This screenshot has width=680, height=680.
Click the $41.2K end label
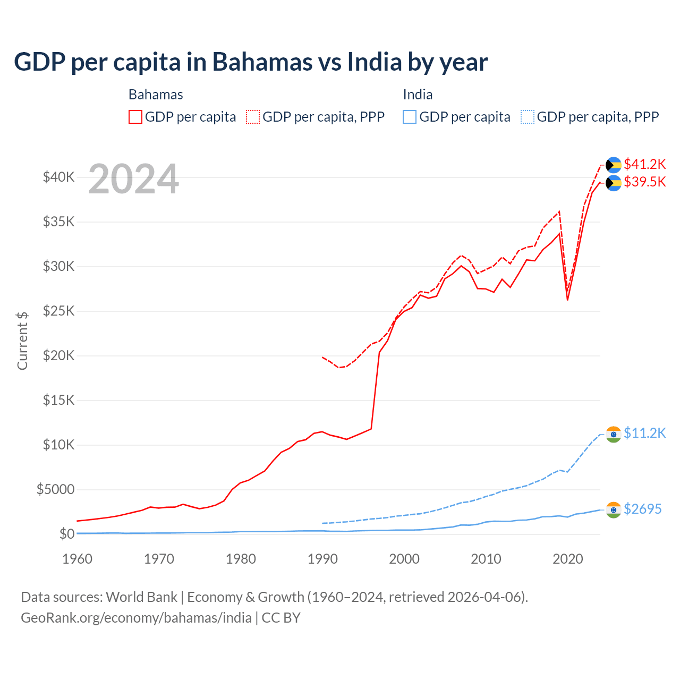pyautogui.click(x=644, y=164)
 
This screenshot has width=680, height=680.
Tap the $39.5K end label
pyautogui.click(x=644, y=182)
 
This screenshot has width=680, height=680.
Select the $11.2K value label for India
pyautogui.click(x=644, y=433)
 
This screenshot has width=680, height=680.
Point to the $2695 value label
pyautogui.click(x=642, y=509)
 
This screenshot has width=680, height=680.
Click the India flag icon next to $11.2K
pyautogui.click(x=614, y=434)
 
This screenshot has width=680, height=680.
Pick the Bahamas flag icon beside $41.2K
pyautogui.click(x=614, y=165)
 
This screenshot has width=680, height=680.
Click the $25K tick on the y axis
pyautogui.click(x=58, y=311)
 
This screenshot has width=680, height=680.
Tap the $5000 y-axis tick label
pyautogui.click(x=55, y=489)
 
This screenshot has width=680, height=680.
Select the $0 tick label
pyautogui.click(x=66, y=534)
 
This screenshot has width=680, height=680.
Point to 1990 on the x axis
pyautogui.click(x=322, y=559)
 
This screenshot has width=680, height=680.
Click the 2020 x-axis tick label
pyautogui.click(x=568, y=559)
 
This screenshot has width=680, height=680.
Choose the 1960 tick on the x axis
pyautogui.click(x=77, y=559)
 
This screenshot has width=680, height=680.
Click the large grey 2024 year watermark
pyautogui.click(x=133, y=180)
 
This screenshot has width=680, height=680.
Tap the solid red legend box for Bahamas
pyautogui.click(x=135, y=117)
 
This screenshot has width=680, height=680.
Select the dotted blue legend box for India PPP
pyautogui.click(x=528, y=117)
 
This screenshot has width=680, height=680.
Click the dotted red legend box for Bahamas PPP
pyautogui.click(x=253, y=117)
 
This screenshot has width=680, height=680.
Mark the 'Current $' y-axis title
pyautogui.click(x=22, y=341)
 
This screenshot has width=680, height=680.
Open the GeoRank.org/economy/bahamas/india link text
pyautogui.click(x=136, y=618)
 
